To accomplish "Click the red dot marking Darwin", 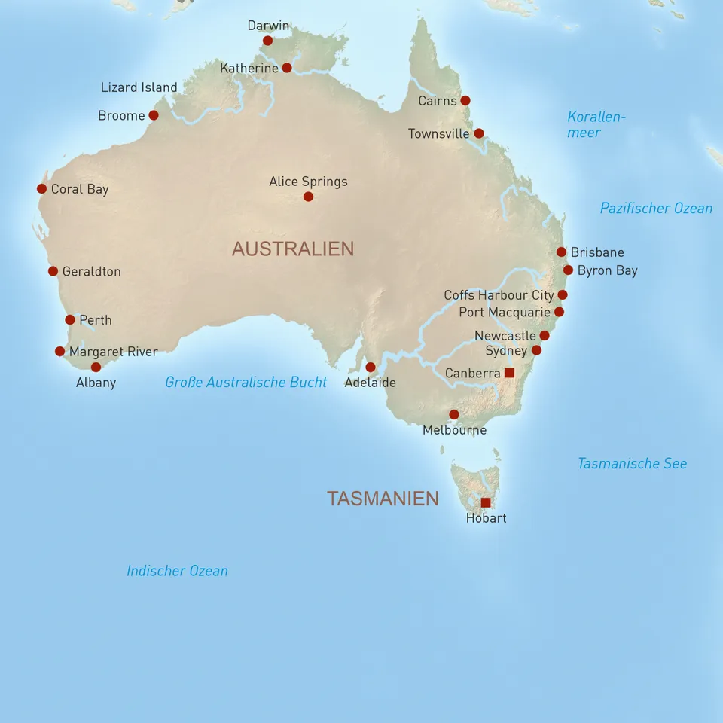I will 267,41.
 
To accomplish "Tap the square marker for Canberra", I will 509,373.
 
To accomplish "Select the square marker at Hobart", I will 486,502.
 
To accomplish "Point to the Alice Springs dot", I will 308,197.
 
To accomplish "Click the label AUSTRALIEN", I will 292,249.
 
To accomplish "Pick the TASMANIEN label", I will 383,498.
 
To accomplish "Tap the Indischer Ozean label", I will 177,571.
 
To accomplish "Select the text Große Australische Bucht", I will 246,382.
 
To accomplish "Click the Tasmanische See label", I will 632,463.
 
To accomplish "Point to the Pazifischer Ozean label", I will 656,208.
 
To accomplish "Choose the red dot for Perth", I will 70,320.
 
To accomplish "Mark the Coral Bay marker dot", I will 41,188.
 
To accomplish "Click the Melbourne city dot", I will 454,414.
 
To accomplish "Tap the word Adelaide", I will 370,382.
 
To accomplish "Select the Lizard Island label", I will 139,87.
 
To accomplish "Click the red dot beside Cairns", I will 465,100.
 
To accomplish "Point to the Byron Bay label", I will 607,270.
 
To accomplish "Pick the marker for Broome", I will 154,115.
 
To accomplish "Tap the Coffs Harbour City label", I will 499,295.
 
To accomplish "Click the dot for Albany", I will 96,368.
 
